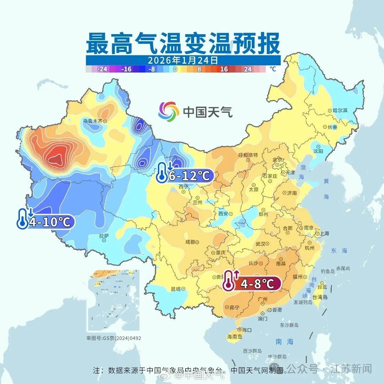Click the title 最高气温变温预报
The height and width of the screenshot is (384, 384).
(183, 43)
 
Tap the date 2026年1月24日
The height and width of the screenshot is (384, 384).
(183, 60)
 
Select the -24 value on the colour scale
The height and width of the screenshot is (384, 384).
(102, 69)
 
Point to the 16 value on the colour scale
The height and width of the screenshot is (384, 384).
(224, 69)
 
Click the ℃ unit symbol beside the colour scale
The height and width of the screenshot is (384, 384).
(272, 69)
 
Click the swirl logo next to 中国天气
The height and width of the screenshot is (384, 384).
(169, 111)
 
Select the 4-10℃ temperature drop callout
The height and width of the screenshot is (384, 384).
(46, 221)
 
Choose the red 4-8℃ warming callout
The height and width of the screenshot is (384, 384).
(252, 283)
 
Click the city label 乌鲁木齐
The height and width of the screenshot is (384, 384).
(93, 121)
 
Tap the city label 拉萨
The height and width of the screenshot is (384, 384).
(104, 235)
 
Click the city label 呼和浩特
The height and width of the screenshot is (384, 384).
(248, 155)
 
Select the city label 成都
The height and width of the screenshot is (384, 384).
(190, 242)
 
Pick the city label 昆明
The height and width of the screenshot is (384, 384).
(176, 288)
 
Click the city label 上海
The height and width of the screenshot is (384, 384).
(324, 234)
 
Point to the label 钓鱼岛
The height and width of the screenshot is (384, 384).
(327, 271)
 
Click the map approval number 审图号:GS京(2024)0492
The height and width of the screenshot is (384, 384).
(114, 338)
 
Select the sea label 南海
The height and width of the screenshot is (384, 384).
(284, 342)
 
